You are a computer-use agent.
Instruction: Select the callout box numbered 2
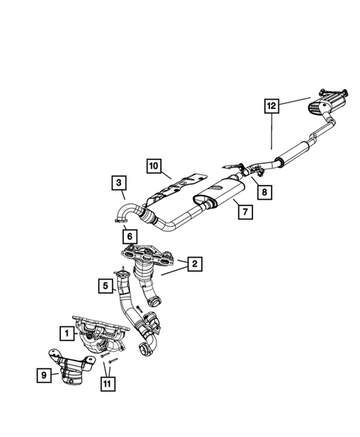[194, 263]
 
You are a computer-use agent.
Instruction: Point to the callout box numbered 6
[129, 236]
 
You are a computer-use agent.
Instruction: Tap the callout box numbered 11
[109, 384]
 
